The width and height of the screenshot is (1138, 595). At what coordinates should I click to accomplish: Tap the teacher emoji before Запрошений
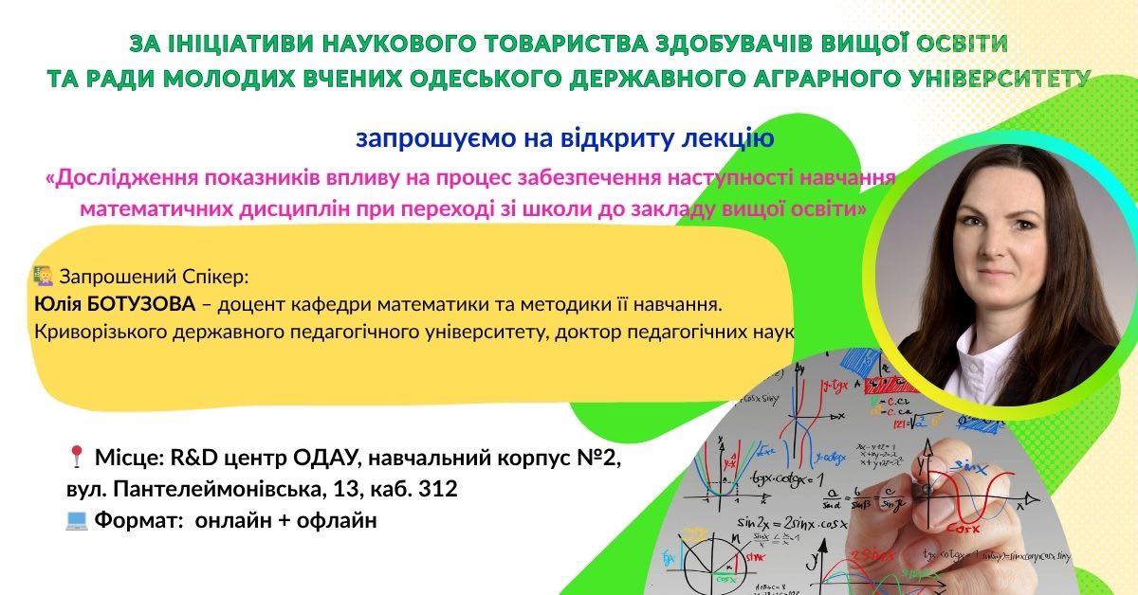coord(44,276)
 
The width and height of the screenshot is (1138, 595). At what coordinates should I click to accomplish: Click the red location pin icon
coord(76,457)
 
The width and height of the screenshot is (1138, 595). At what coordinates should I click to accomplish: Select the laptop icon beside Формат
coord(77,520)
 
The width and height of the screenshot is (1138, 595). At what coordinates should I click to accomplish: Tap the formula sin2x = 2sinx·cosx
coord(793,523)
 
